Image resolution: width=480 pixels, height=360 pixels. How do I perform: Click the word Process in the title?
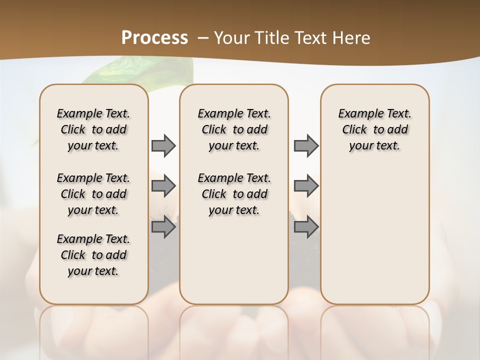154,37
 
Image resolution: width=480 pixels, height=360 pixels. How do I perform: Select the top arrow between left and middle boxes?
163,146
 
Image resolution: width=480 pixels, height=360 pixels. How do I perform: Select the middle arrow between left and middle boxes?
163,186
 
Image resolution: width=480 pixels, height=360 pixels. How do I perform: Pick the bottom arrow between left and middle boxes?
163,227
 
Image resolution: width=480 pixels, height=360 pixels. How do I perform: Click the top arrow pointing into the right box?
306,146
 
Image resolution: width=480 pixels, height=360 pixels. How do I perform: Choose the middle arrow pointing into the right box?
306,186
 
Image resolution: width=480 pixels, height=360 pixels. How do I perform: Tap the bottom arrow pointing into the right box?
306,227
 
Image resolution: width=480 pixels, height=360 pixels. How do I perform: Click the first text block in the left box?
93,129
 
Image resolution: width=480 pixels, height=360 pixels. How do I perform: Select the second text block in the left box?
93,194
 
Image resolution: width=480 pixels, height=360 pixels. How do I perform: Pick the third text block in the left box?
93,255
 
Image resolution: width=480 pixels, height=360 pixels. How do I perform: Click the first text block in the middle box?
234,129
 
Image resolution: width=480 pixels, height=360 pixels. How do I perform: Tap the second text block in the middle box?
234,194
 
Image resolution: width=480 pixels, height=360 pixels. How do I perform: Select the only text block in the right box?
374,129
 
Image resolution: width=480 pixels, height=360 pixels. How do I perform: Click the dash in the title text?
203,38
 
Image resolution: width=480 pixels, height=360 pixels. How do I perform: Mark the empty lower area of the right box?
374,235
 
